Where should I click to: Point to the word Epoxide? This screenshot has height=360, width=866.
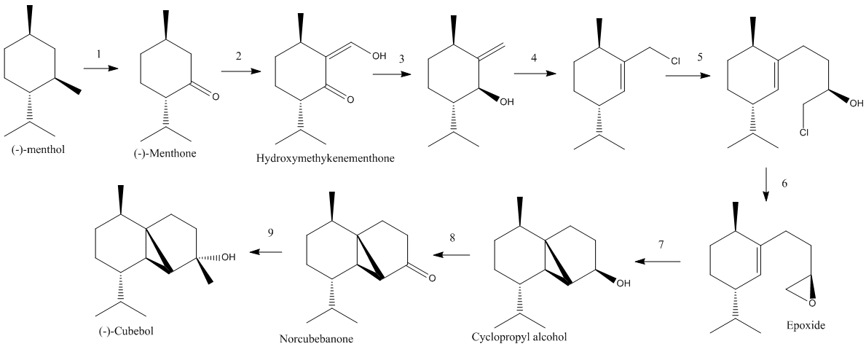806,325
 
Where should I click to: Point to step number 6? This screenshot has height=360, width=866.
785,184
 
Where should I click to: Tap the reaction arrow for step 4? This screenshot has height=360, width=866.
535,74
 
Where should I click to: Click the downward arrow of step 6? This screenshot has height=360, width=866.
766,184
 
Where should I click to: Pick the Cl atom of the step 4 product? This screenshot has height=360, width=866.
675,61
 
